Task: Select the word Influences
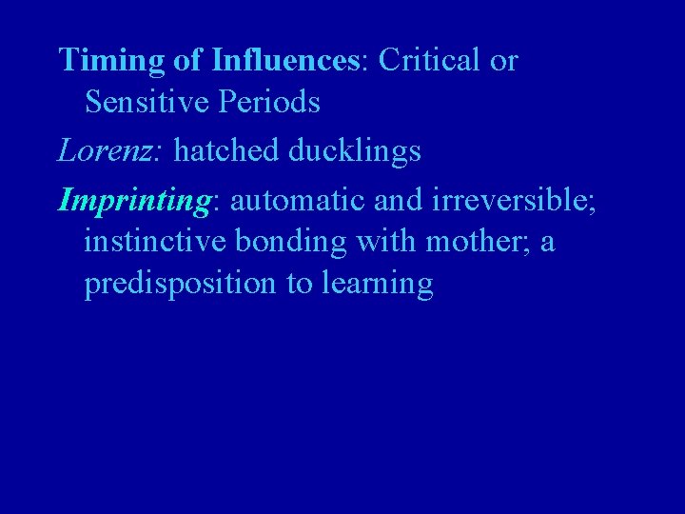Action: pos(285,61)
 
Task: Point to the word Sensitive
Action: pos(148,102)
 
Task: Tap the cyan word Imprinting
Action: pos(137,201)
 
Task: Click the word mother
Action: pos(475,243)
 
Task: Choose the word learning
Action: pos(382,285)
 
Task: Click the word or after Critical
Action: pos(502,61)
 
